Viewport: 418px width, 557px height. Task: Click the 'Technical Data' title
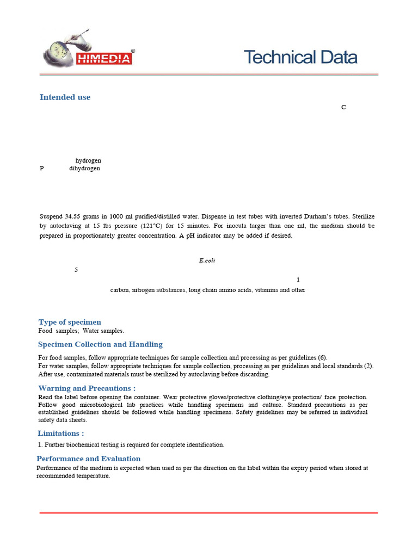(x=300, y=57)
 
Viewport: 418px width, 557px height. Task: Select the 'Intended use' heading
(x=65, y=97)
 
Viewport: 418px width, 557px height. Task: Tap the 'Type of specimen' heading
(x=70, y=322)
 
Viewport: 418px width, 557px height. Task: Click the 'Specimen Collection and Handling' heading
(x=100, y=344)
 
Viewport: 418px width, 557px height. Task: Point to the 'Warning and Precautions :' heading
(x=87, y=388)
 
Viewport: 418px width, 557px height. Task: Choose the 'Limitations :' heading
(x=60, y=434)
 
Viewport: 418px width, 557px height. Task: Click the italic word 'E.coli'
(x=207, y=261)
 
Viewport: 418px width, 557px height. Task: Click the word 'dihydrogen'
(x=84, y=169)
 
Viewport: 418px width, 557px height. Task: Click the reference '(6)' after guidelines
(x=323, y=357)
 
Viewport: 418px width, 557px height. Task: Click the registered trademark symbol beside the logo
(x=133, y=49)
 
